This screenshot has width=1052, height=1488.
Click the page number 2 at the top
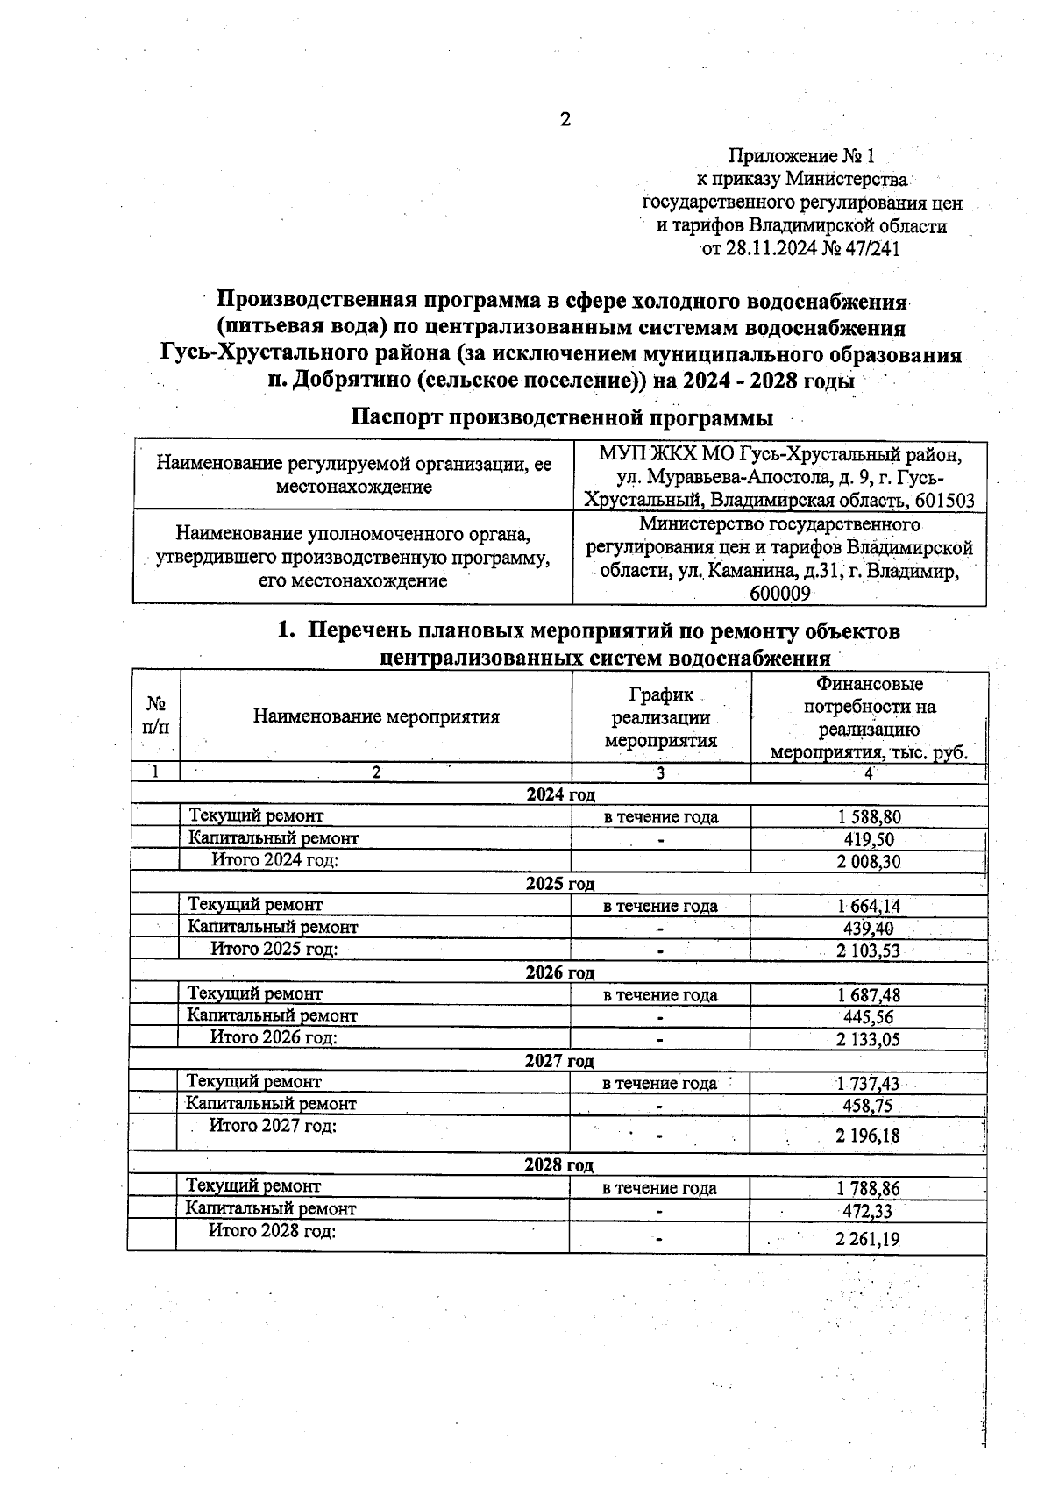tap(565, 120)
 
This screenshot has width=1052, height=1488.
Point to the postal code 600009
tap(780, 594)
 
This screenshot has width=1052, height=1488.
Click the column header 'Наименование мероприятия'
tap(376, 717)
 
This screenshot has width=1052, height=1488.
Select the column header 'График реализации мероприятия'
tap(661, 717)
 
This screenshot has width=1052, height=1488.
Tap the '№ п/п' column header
tap(156, 716)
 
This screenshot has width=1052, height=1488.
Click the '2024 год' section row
tap(560, 795)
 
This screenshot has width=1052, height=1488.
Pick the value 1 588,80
tap(869, 817)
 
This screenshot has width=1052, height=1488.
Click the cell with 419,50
tap(869, 840)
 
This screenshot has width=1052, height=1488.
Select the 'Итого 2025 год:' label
tap(274, 949)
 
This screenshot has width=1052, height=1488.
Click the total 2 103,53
tap(868, 950)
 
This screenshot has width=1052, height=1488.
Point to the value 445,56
tap(868, 1017)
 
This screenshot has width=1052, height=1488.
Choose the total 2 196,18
tap(868, 1136)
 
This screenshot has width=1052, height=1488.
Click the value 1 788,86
tap(868, 1190)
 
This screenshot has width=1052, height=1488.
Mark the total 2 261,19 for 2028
tap(868, 1240)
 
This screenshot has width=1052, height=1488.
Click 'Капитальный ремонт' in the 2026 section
tap(272, 1016)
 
